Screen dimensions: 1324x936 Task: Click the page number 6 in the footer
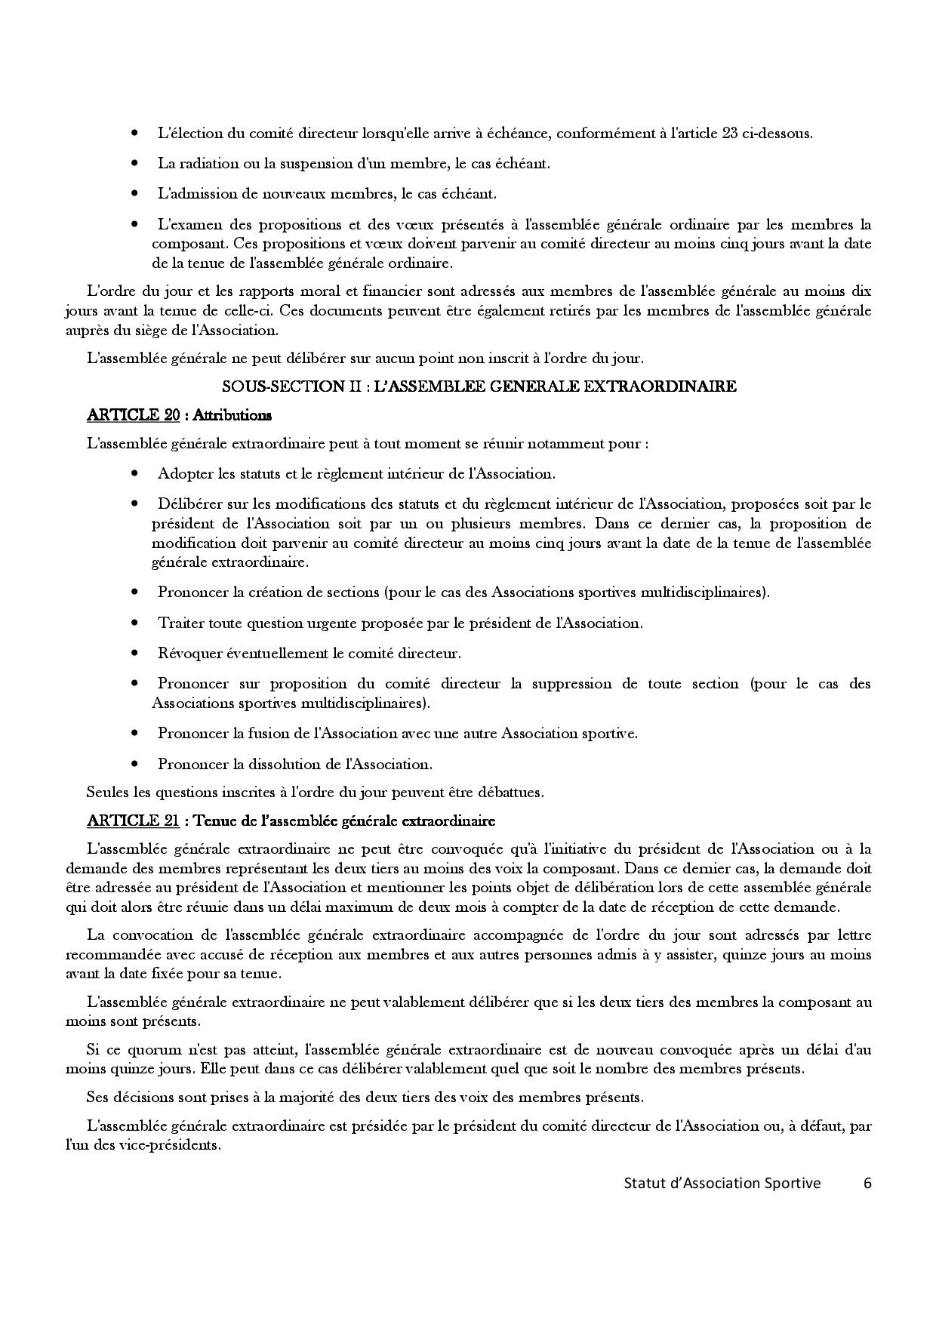pyautogui.click(x=867, y=1183)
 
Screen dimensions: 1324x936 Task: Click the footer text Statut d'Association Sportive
pyautogui.click(x=722, y=1183)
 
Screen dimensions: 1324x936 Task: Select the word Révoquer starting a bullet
pyautogui.click(x=186, y=653)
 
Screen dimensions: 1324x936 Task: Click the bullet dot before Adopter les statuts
pyautogui.click(x=135, y=474)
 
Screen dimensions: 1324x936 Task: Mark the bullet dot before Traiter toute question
pyautogui.click(x=135, y=624)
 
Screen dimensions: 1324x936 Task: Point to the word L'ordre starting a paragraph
pyautogui.click(x=109, y=291)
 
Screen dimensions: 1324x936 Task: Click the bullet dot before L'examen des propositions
pyautogui.click(x=135, y=225)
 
